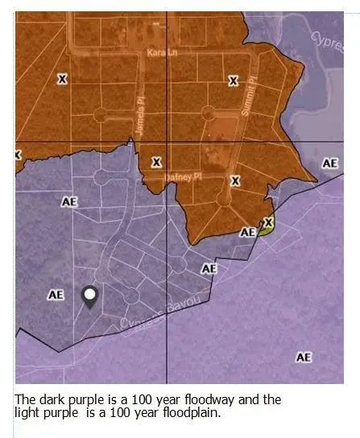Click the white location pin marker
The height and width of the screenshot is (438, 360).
90,296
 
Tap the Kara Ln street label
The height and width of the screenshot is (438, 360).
159,52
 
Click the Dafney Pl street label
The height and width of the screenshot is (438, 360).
184,176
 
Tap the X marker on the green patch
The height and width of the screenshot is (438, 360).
268,222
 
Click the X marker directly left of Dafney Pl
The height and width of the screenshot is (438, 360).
157,163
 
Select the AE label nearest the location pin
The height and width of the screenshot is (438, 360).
56,295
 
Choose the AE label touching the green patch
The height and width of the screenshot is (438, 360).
248,232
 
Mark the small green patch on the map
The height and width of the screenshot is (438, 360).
264,228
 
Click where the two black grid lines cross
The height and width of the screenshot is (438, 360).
168,142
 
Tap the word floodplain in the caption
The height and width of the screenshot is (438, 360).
183,412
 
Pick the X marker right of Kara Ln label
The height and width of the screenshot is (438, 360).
234,81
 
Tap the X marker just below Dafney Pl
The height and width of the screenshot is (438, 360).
235,181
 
